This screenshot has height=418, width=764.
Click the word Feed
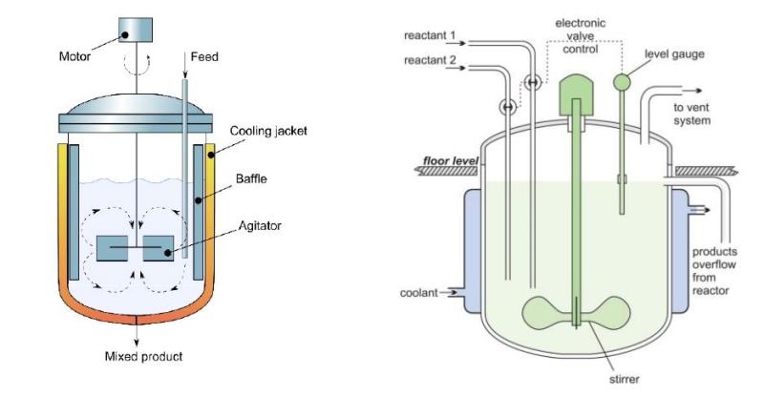click(205, 57)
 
